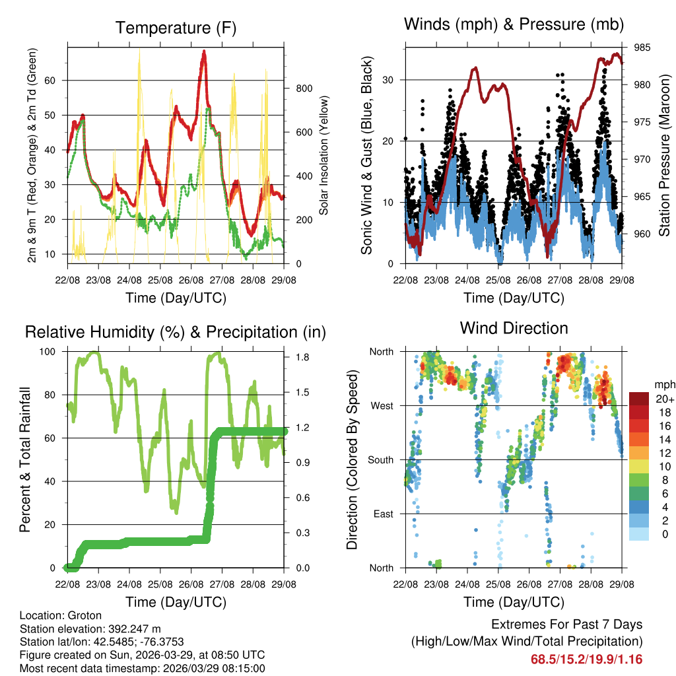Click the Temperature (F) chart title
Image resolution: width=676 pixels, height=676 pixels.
coord(176,28)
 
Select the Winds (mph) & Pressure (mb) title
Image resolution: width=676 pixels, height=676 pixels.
coord(514,25)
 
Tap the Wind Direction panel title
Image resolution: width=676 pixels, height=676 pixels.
coord(514,328)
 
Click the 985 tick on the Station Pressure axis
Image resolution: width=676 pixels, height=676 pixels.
coord(642,48)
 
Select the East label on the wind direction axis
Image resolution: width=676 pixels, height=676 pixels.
coord(382,514)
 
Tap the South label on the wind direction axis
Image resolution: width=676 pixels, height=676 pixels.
coord(380,459)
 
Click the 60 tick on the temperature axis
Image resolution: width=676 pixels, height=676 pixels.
coord(55,80)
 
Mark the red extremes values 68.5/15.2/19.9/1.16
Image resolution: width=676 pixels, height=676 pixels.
coord(586,659)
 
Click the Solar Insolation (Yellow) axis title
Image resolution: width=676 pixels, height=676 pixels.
coord(324,155)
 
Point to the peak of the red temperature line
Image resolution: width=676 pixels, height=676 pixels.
coord(204,51)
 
